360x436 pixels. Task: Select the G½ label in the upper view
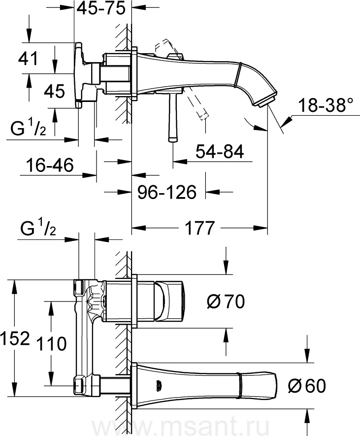coord(29,130)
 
